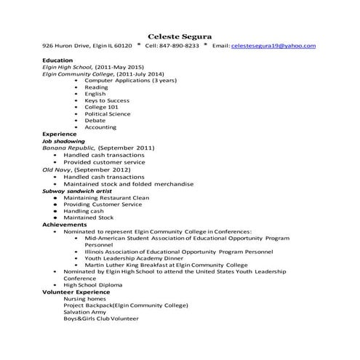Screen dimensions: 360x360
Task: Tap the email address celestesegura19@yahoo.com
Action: coord(273,46)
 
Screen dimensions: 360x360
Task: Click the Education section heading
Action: coord(57,60)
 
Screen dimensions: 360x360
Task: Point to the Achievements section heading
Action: coord(65,225)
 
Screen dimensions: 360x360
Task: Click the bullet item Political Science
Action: coord(108,113)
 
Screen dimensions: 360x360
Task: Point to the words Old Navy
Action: coord(57,169)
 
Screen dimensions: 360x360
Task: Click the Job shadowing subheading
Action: coord(63,141)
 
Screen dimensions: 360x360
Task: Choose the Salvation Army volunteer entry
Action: coord(87,312)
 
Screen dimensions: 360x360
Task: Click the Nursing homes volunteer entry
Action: coord(85,298)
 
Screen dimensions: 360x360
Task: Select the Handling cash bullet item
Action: coord(84,211)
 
